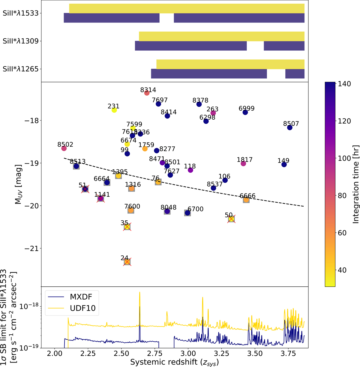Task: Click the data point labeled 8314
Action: [147, 93]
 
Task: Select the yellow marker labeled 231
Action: [114, 110]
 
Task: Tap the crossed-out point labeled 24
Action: [127, 262]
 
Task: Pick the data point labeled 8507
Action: [290, 127]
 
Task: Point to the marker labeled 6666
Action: [246, 200]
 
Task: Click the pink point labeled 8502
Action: [64, 148]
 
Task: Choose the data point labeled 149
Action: [284, 165]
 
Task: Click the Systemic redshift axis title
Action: [174, 362]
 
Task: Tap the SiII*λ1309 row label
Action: [21, 41]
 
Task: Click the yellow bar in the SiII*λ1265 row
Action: [230, 64]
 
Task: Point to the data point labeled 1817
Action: [243, 163]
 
